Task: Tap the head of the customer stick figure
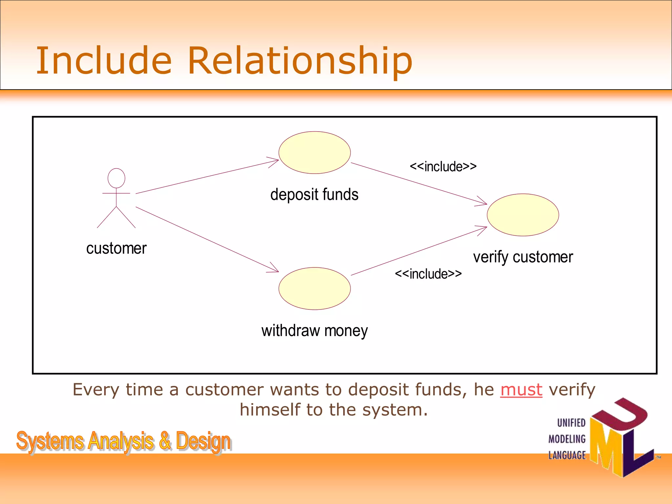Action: [116, 178]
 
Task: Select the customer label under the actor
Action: [116, 248]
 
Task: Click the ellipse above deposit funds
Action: [314, 153]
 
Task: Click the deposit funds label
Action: [314, 195]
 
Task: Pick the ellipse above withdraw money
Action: [314, 288]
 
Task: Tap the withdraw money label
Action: [314, 331]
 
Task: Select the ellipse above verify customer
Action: [523, 215]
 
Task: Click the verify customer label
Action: [523, 257]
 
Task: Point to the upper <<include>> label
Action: [443, 167]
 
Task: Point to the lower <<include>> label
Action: [428, 274]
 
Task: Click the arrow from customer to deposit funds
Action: [207, 177]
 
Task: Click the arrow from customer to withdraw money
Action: [207, 239]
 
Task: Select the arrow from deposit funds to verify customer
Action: [418, 183]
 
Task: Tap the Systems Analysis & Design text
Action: [124, 441]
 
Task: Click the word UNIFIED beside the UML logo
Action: [571, 423]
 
